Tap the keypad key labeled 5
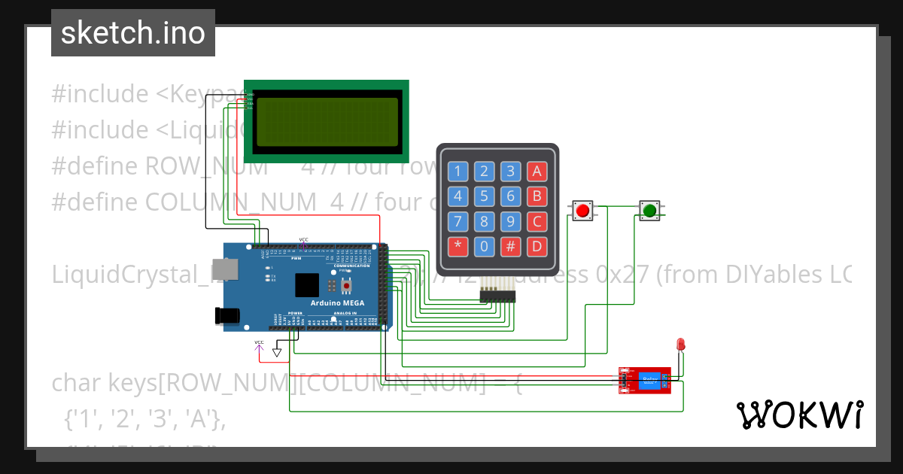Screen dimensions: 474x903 coord(485,196)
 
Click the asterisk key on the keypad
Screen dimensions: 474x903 coord(458,246)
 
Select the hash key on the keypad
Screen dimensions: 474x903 coord(511,246)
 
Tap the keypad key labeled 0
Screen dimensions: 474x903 coord(485,246)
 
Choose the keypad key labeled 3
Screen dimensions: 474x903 coord(511,171)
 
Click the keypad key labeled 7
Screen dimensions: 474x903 coord(458,221)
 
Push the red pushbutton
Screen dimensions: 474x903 coord(582,211)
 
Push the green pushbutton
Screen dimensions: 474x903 coord(649,211)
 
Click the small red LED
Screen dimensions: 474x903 coord(681,345)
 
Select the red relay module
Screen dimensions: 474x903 coord(646,381)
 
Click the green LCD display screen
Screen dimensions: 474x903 coord(326,121)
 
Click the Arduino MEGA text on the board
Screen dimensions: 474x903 coord(339,303)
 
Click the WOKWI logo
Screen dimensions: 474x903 coord(799,415)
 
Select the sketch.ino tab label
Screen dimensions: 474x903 coord(133,33)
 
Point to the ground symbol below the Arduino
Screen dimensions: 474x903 coord(277,351)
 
